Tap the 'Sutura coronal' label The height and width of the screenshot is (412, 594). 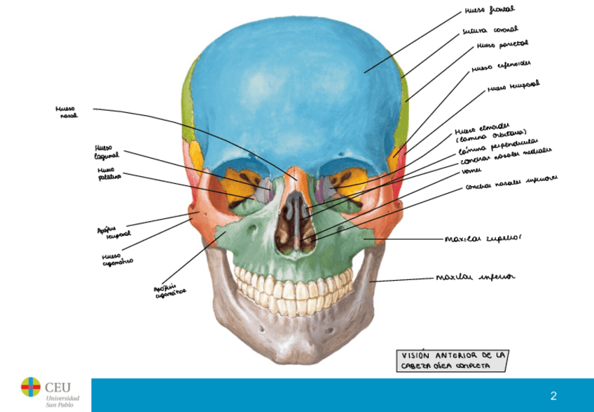[490, 31]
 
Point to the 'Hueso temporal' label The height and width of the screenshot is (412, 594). [513, 87]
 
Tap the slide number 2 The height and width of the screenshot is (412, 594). [553, 396]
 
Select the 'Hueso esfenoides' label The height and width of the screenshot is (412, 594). [501, 67]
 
